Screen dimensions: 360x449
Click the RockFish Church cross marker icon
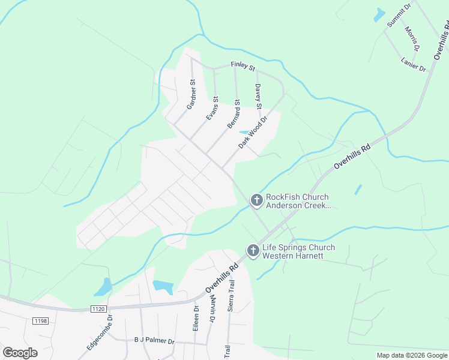[x=256, y=200]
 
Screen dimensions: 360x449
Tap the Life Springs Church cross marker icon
[x=253, y=251]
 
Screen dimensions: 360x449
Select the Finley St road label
[x=243, y=65]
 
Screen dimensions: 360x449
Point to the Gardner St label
[x=191, y=94]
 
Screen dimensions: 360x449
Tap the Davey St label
[x=259, y=97]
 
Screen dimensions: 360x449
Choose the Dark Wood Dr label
[x=252, y=133]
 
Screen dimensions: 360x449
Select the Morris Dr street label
[x=412, y=38]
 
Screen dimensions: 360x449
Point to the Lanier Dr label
[x=413, y=64]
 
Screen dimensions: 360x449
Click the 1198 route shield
[x=40, y=321]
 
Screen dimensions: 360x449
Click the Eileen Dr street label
[x=196, y=316]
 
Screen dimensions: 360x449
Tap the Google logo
[x=20, y=352]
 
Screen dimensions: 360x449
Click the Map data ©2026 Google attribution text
[x=412, y=355]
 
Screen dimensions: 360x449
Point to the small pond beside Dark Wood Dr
[x=244, y=132]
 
